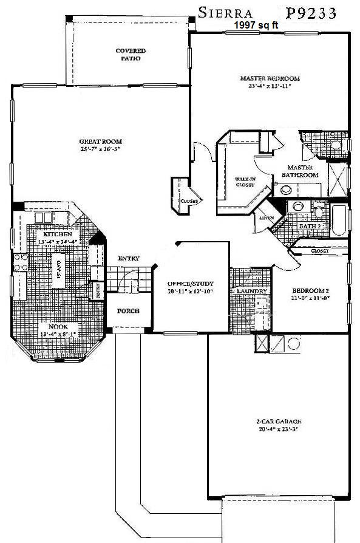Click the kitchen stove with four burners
point(19,266)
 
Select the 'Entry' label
point(128,259)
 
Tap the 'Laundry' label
point(250,292)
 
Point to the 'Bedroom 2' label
point(308,290)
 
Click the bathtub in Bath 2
point(339,221)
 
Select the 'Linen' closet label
point(266,218)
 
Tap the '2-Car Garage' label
point(279,422)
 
